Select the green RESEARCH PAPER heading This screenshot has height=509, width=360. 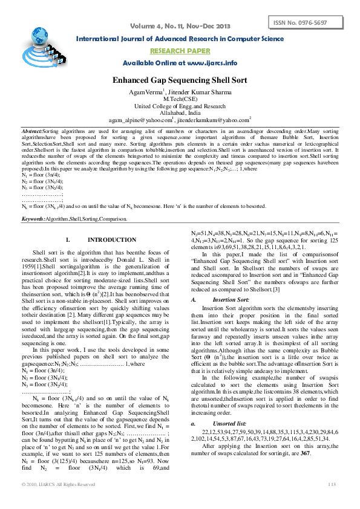tap(179, 51)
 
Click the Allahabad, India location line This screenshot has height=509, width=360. tap(180, 112)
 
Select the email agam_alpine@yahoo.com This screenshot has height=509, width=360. tap(143, 120)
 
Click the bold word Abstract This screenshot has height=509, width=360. tap(32, 131)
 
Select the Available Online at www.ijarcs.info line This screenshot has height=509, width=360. tap(180, 63)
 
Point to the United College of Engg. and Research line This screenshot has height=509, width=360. tap(180, 105)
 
